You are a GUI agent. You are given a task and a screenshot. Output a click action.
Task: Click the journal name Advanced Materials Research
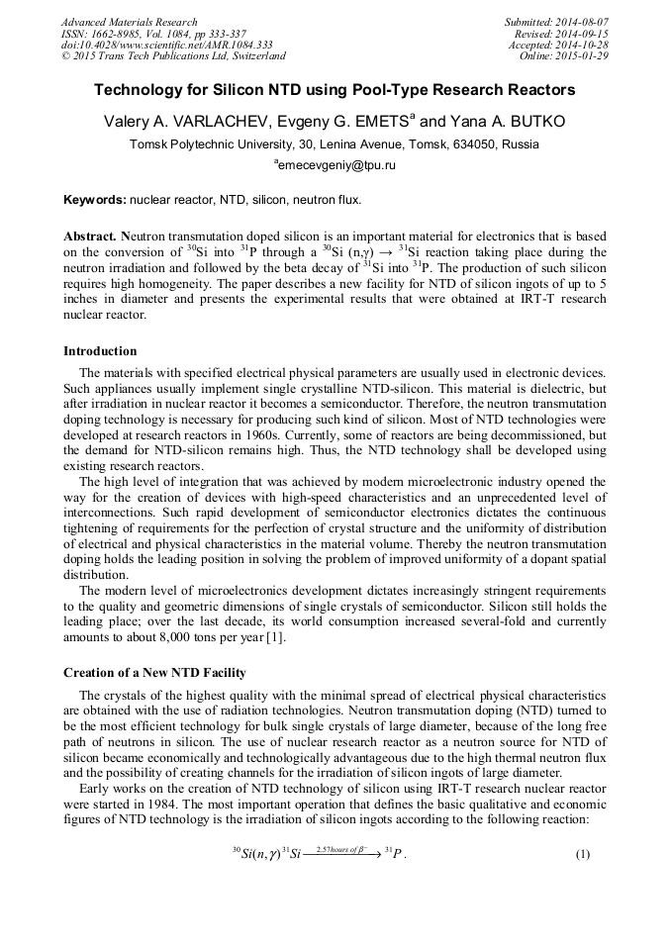tap(129, 22)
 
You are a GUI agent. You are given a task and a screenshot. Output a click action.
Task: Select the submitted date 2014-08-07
tap(584, 22)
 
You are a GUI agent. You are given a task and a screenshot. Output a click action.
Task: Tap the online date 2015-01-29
tap(584, 56)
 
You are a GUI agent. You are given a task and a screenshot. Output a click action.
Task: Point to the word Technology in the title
tap(136, 90)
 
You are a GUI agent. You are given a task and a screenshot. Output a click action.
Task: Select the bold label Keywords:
tap(95, 200)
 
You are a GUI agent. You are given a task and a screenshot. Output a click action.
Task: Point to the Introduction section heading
tap(100, 351)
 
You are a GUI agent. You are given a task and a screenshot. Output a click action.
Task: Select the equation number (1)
tap(582, 854)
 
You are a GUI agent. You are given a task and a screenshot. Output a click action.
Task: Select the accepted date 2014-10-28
tap(584, 45)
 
